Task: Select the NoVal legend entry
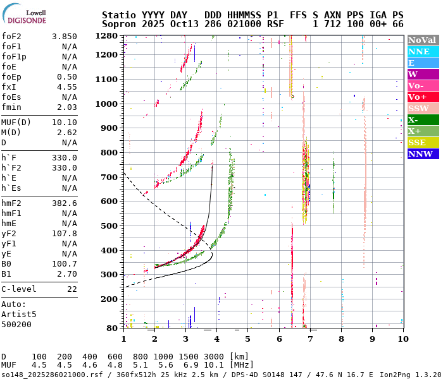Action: pyautogui.click(x=423, y=40)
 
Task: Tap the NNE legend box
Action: pyautogui.click(x=423, y=51)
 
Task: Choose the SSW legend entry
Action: pyautogui.click(x=423, y=108)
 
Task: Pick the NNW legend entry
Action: pyautogui.click(x=423, y=153)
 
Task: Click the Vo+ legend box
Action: pyautogui.click(x=423, y=97)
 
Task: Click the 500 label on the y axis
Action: pyautogui.click(x=111, y=226)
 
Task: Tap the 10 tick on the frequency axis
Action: pyautogui.click(x=402, y=339)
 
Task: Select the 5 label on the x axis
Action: pyautogui.click(x=247, y=339)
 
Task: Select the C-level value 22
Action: pyautogui.click(x=72, y=288)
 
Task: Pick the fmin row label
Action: pyautogui.click(x=11, y=107)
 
